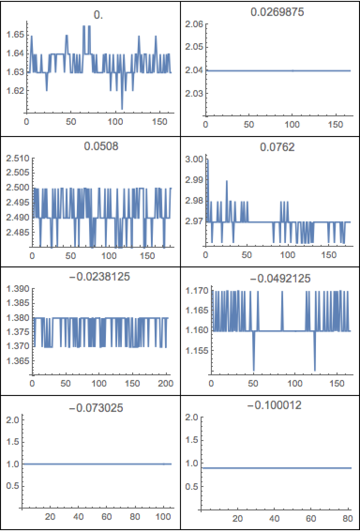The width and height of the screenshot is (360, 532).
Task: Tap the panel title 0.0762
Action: (270, 148)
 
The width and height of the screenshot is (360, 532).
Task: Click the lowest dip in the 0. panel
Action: (122, 108)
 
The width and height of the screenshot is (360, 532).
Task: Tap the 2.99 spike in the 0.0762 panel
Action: (227, 182)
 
